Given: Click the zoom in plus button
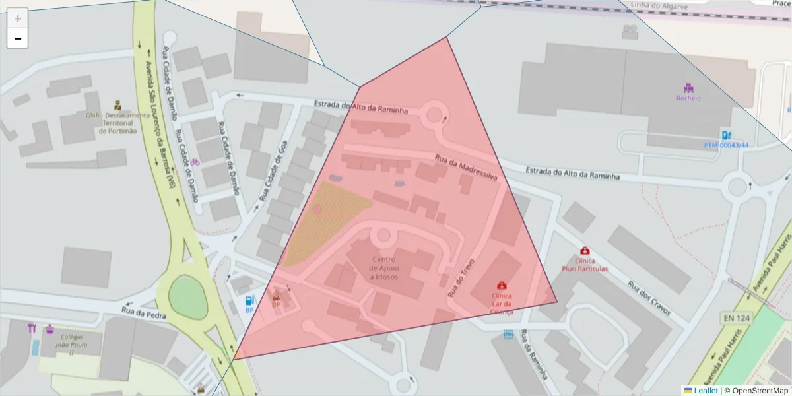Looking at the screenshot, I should pos(18,18).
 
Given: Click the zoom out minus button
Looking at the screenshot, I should pos(18,38).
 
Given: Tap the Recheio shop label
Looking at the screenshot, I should pos(688,98).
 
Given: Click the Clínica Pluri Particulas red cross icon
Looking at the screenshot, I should pos(585,251).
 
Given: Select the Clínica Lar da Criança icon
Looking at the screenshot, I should pos(502,286).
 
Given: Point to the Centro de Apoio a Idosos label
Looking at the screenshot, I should pos(383,268).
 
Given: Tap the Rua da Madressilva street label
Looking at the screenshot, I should pos(466,168).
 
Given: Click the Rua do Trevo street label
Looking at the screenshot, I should pos(461,277).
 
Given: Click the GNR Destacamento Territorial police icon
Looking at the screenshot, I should pos(118,105).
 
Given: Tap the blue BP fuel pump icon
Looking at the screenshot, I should pos(249,301).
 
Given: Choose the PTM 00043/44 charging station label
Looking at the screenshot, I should pos(726,145).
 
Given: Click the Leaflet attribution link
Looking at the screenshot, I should pos(706,391).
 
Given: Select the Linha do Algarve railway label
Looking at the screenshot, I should pos(660,7).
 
